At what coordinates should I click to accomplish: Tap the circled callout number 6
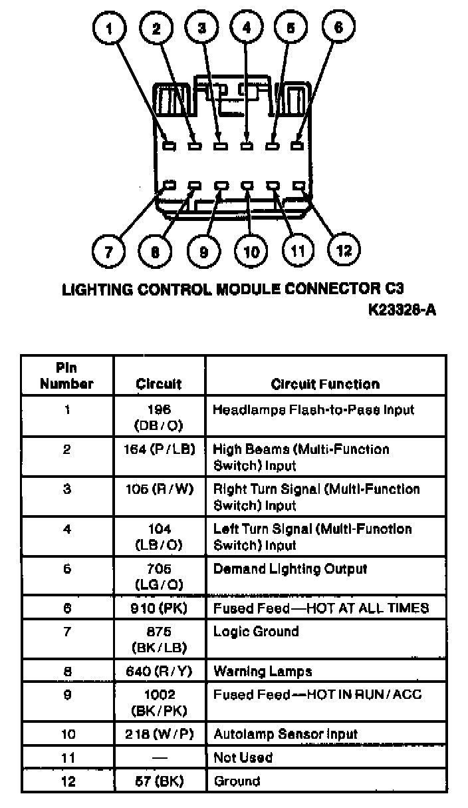(x=338, y=27)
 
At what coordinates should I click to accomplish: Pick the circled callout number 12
(x=344, y=250)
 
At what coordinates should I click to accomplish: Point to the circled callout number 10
(x=251, y=252)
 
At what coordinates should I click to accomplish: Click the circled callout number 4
(x=247, y=28)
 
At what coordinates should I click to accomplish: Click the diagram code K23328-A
(x=402, y=310)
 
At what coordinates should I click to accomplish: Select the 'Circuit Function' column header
(x=325, y=384)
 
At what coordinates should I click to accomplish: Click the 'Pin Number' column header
(x=66, y=376)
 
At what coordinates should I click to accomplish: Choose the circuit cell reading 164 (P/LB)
(x=159, y=449)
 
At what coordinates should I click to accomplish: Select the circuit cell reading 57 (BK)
(x=159, y=781)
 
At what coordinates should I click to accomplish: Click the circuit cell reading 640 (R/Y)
(x=159, y=671)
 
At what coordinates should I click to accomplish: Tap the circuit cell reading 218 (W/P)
(x=159, y=734)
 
